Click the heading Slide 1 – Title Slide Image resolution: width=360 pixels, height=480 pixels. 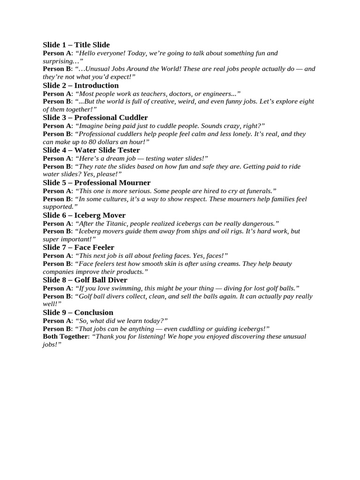click(x=76, y=45)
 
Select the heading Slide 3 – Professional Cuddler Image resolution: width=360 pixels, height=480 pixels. click(x=95, y=118)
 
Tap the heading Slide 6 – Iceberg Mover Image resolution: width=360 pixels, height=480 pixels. click(x=84, y=215)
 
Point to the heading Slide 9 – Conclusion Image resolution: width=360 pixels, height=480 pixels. click(x=78, y=313)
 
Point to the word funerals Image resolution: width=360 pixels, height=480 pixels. click(x=258, y=191)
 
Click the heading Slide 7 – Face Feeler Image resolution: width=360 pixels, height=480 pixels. click(x=78, y=247)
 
